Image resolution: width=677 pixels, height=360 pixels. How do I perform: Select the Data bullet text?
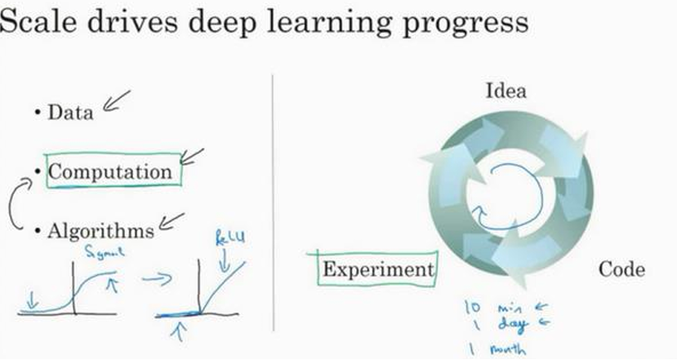point(70,113)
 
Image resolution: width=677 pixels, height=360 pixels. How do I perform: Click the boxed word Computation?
point(110,171)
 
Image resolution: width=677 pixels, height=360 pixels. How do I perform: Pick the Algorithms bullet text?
point(100,231)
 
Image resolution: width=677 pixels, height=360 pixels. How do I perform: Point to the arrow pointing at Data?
point(117,102)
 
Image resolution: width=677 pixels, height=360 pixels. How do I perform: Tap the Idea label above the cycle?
point(506,91)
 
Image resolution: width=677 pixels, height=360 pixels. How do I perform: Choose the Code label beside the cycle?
point(622,269)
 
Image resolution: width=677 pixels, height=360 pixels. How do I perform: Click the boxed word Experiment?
point(377,269)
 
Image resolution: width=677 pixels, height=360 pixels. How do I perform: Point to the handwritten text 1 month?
point(494,349)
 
